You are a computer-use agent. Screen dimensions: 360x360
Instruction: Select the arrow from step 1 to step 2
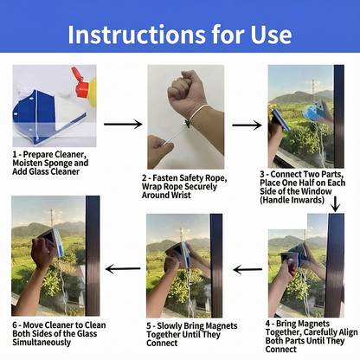123,125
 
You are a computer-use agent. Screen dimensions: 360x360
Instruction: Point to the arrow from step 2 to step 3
247,125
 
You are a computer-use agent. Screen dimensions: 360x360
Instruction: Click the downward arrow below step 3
335,204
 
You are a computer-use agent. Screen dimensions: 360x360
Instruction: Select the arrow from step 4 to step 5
247,270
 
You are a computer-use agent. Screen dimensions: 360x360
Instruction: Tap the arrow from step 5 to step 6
123,269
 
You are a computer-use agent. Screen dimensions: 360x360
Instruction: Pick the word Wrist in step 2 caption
178,195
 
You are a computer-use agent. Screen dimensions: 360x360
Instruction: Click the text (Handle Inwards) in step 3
292,200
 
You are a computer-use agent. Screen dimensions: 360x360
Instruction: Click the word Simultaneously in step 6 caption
42,343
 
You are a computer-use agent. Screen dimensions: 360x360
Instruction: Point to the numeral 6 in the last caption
15,325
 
